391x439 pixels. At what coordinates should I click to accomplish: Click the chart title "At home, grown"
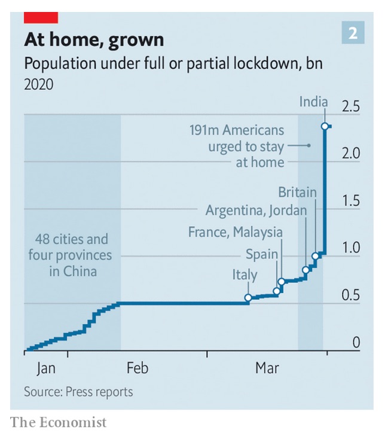[94, 40]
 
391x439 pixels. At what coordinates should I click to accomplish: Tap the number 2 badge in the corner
[353, 33]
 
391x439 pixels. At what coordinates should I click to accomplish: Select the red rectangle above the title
[41, 17]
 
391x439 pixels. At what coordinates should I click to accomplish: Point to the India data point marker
[324, 126]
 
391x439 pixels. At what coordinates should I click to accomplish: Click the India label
[313, 102]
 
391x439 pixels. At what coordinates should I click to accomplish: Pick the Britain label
[297, 193]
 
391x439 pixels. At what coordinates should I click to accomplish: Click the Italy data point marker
[248, 297]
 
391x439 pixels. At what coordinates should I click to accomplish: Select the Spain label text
[262, 254]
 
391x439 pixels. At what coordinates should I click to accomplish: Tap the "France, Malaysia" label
[236, 232]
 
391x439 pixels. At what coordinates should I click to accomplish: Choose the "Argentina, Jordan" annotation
[256, 211]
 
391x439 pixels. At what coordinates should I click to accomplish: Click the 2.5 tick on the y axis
[350, 108]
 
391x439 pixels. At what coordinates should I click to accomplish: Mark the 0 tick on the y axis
[356, 343]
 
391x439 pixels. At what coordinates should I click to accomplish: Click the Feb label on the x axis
[138, 368]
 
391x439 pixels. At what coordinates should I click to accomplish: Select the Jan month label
[46, 368]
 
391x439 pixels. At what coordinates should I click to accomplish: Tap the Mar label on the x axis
[267, 368]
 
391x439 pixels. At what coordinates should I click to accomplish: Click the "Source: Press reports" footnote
[78, 392]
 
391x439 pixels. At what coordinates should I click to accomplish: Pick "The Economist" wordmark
[59, 422]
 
